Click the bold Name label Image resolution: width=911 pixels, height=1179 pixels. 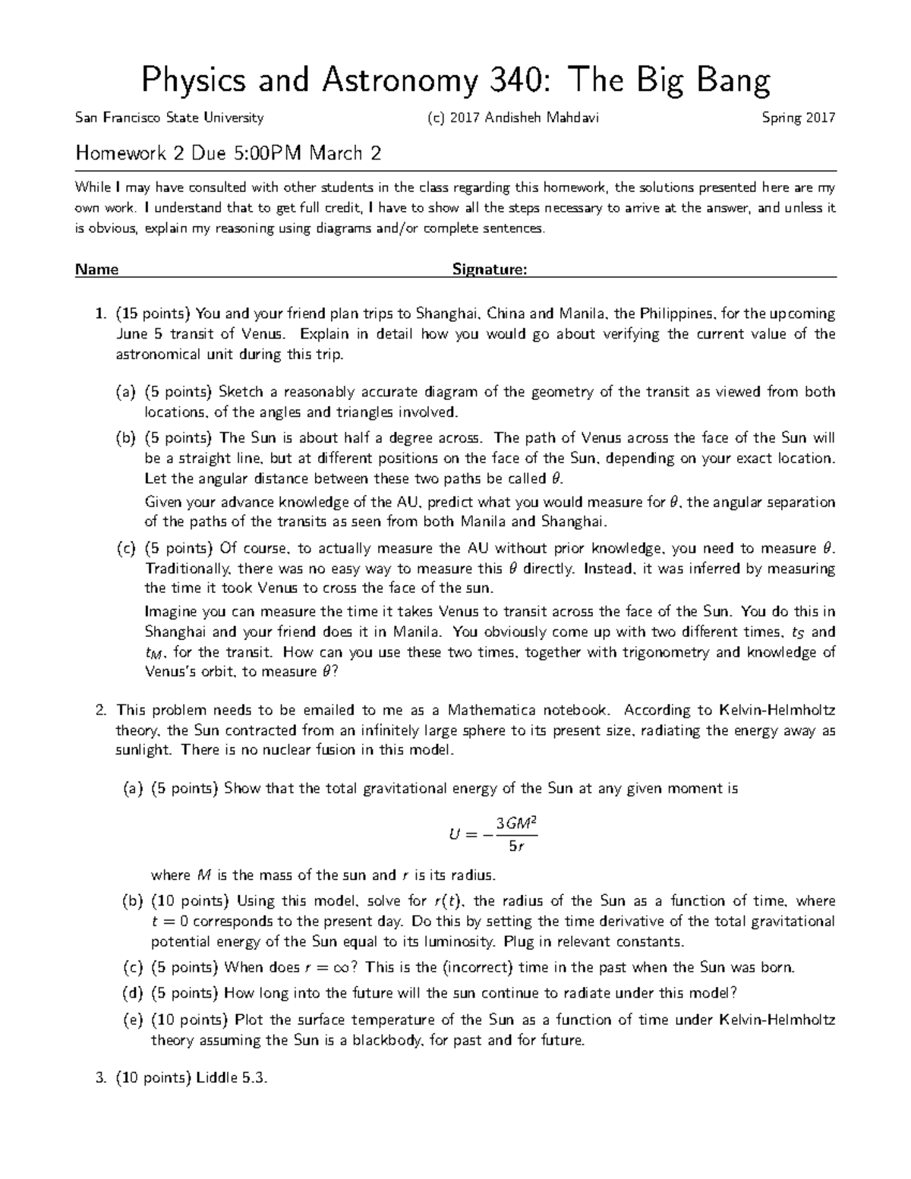coord(96,269)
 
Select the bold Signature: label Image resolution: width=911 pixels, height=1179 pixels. coord(489,269)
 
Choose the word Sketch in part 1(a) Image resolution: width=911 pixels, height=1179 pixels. coord(241,392)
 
